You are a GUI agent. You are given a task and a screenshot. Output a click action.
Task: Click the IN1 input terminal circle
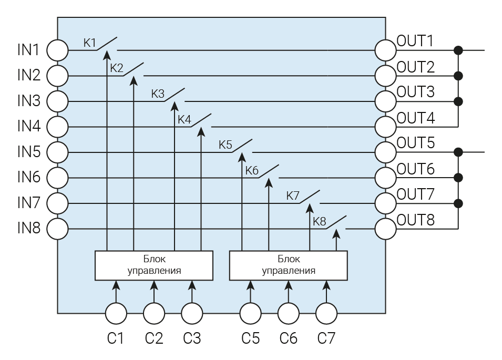(x=58, y=50)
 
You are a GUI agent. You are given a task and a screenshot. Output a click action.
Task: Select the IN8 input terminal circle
(x=58, y=229)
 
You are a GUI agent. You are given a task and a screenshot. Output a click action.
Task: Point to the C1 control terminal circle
(x=116, y=314)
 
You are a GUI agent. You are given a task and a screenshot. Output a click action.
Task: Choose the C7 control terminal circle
(x=326, y=314)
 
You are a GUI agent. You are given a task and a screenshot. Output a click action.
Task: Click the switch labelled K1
(x=107, y=45)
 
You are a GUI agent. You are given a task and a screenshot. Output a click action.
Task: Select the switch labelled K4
(x=201, y=121)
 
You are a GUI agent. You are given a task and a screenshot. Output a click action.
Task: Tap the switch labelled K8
(x=336, y=223)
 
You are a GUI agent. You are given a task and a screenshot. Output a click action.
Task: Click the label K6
(x=252, y=171)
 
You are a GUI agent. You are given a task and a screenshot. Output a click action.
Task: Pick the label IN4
(x=29, y=126)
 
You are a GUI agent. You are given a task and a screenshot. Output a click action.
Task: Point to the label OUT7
(x=416, y=195)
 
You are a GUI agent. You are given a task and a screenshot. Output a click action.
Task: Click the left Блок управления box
(x=154, y=265)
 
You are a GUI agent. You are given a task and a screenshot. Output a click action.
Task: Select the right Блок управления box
(x=289, y=265)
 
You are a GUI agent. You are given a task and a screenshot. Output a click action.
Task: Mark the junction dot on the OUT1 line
(x=458, y=50)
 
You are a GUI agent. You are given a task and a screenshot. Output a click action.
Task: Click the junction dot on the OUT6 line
(x=458, y=178)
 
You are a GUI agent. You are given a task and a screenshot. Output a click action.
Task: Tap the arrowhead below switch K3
(x=174, y=107)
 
